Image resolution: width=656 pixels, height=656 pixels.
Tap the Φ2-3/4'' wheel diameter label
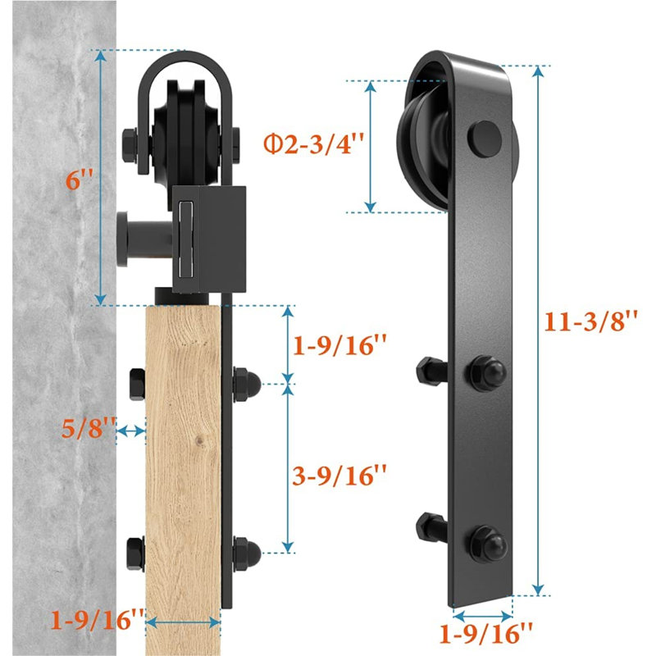pyautogui.click(x=314, y=143)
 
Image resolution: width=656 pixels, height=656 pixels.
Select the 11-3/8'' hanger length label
pyautogui.click(x=591, y=321)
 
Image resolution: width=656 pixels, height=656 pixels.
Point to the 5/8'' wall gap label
pyautogui.click(x=89, y=428)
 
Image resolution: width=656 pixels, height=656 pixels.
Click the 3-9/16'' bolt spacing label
pyautogui.click(x=339, y=476)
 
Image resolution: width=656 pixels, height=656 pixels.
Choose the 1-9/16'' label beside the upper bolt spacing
pyautogui.click(x=339, y=345)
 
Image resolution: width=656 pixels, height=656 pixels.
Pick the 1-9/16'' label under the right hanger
pyautogui.click(x=486, y=633)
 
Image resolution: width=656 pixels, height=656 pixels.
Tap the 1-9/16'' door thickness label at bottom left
pyautogui.click(x=98, y=619)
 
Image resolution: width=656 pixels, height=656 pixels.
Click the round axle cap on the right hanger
pyautogui.click(x=485, y=139)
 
